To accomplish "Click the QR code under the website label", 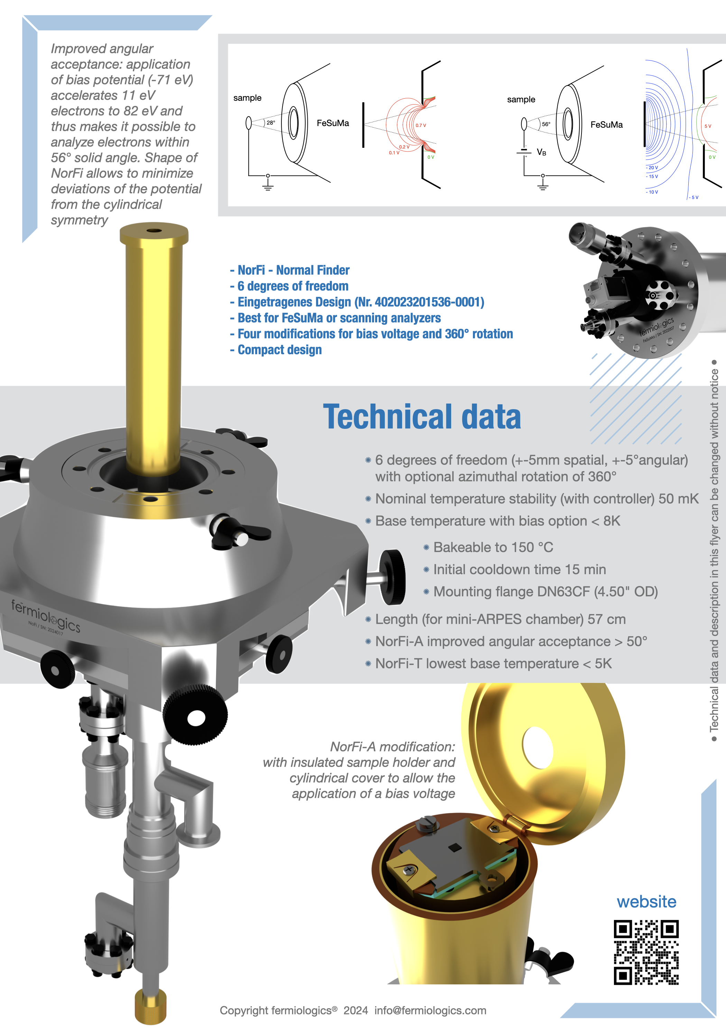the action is pos(646,952).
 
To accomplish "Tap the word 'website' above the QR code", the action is pos(646,901).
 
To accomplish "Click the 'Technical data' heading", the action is pos(422,416).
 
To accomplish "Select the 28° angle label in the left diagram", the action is pos(271,122).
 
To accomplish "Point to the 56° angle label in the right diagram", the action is pos(546,124).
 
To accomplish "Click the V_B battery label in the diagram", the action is pos(541,152).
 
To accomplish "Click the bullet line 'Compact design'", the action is pos(276,350).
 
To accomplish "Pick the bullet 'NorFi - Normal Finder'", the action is pos(289,270).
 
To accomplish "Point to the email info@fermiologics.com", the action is pos(430,1011).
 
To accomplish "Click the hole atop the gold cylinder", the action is pos(154,231).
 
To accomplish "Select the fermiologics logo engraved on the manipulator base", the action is pos(46,616).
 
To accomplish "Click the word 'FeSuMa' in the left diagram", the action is pos(333,123).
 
